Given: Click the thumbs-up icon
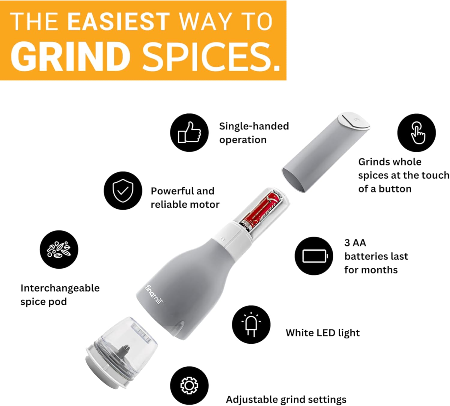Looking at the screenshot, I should pyautogui.click(x=189, y=132).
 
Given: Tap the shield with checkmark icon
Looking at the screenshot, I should pyautogui.click(x=123, y=190).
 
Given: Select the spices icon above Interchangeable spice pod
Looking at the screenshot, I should pyautogui.click(x=59, y=249).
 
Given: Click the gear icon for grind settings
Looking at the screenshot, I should pyautogui.click(x=189, y=385).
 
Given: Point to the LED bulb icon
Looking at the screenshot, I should pyautogui.click(x=251, y=325).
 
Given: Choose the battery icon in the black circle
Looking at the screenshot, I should pyautogui.click(x=314, y=256).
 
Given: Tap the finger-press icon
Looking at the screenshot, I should pyautogui.click(x=417, y=133).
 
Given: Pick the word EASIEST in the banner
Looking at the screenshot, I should pyautogui.click(x=118, y=22).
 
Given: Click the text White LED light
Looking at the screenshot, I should pyautogui.click(x=322, y=333).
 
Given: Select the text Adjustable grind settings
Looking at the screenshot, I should pyautogui.click(x=286, y=399).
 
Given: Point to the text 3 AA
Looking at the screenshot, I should pyautogui.click(x=355, y=243).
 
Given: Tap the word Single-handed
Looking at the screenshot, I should pyautogui.click(x=254, y=126).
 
